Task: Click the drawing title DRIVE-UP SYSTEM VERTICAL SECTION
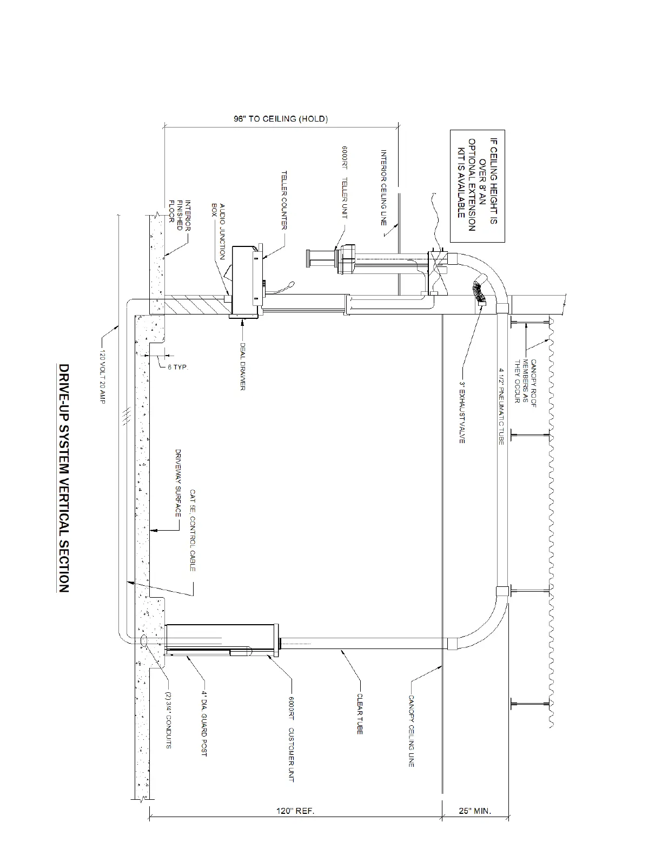tap(63, 478)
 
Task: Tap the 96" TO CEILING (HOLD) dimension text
tap(281, 118)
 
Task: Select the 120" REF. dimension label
tap(295, 811)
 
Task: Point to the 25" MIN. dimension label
tap(474, 811)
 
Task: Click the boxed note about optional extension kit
tap(478, 185)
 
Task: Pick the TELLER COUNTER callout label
tap(283, 200)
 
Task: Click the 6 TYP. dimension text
tap(178, 367)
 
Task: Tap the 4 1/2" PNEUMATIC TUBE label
tap(501, 406)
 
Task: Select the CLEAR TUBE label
tap(360, 714)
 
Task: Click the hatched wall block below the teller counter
tap(195, 306)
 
